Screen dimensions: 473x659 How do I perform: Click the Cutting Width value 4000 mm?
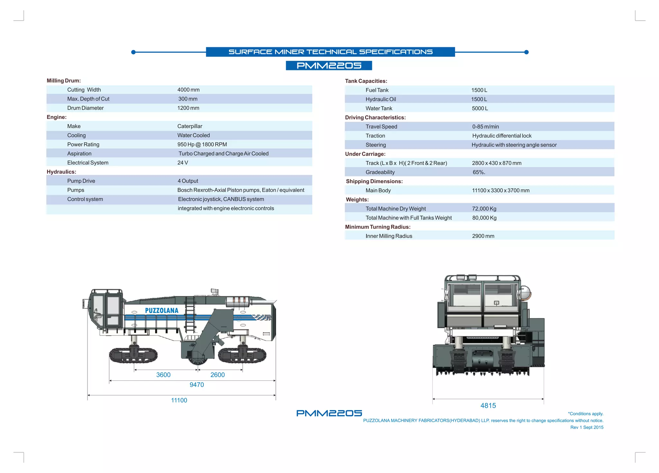coord(188,90)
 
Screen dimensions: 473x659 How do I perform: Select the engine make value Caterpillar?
coord(190,126)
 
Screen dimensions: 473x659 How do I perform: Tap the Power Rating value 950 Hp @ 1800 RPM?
coord(202,145)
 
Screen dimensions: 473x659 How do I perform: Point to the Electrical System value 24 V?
coord(182,163)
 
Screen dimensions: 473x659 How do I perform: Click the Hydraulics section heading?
coord(61,172)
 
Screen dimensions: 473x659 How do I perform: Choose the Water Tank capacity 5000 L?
coord(480,109)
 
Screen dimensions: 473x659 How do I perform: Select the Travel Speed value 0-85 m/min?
coord(485,127)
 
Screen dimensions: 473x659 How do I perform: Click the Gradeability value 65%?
coord(478,173)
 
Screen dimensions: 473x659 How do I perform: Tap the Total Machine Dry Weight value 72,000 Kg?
coord(484,209)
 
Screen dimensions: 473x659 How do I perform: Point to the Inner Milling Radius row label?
coord(389,236)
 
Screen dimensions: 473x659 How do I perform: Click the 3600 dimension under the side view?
coord(163,375)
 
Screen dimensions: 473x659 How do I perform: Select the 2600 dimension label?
coord(218,375)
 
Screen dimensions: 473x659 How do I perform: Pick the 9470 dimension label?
coord(197,385)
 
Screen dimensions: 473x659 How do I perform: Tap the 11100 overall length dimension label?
coord(179,400)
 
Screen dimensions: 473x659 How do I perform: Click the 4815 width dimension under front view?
coord(488,406)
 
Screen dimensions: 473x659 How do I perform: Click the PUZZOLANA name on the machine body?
coord(162,311)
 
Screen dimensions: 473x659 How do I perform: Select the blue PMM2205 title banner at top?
coord(329,66)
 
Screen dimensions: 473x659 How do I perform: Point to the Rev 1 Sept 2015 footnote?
coord(587,427)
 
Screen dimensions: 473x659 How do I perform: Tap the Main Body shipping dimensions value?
coord(501,191)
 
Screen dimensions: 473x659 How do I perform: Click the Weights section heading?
coord(357,200)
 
